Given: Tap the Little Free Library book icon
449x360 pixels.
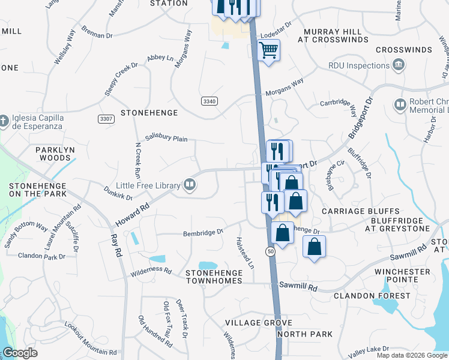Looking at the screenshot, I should pyautogui.click(x=190, y=185).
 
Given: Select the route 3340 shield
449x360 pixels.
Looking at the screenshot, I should pyautogui.click(x=209, y=101).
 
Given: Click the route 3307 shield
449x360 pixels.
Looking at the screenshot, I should pyautogui.click(x=106, y=119).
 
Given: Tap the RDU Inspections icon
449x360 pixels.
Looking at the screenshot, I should pyautogui.click(x=398, y=65).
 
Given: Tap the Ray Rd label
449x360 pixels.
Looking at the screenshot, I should pyautogui.click(x=116, y=238).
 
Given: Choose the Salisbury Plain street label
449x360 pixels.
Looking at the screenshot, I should pyautogui.click(x=166, y=139).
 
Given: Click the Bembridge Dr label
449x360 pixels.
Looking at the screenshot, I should pyautogui.click(x=203, y=232).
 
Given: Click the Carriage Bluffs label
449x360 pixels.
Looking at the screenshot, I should pyautogui.click(x=360, y=212).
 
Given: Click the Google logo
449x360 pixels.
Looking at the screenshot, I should pyautogui.click(x=20, y=353).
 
